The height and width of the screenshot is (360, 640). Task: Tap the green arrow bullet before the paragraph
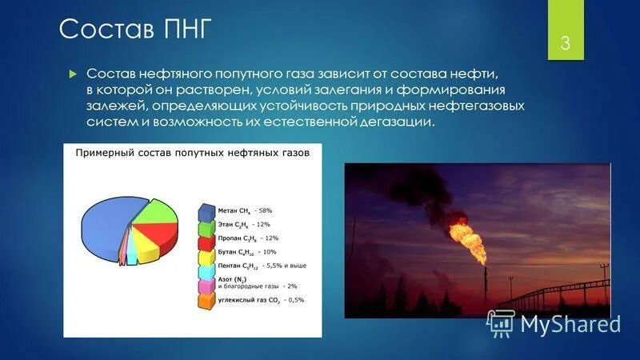click(71, 73)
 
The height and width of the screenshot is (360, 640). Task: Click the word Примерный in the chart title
click(105, 152)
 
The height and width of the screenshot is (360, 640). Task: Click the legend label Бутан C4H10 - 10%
click(245, 252)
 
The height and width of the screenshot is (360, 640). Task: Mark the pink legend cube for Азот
click(205, 284)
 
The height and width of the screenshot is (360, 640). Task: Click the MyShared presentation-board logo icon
click(501, 322)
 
